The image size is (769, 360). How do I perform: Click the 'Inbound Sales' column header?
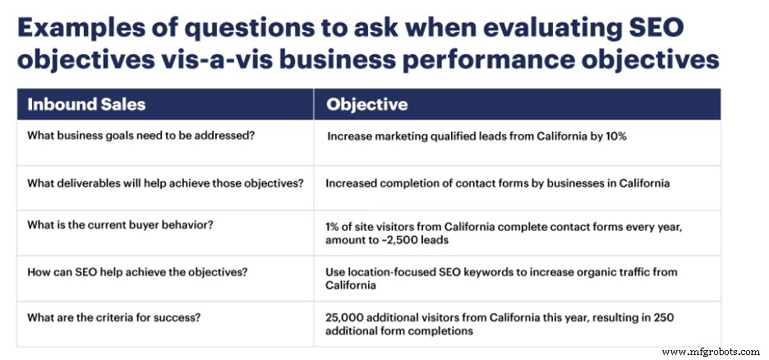(x=86, y=104)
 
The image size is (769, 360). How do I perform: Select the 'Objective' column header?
(x=367, y=104)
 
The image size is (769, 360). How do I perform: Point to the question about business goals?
(x=140, y=136)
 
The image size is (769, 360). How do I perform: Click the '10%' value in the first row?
(x=615, y=136)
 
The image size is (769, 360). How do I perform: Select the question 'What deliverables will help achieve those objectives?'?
(x=165, y=183)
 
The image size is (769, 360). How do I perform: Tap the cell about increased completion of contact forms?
(x=497, y=183)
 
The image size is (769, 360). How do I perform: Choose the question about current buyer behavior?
(x=123, y=225)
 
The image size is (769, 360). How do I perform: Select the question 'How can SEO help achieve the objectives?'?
(x=137, y=272)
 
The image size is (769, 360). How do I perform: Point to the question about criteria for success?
(x=113, y=317)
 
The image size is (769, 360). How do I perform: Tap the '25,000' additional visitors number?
(x=343, y=318)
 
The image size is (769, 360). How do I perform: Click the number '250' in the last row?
(x=665, y=318)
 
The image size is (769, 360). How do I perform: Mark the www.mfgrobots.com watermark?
(x=711, y=352)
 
